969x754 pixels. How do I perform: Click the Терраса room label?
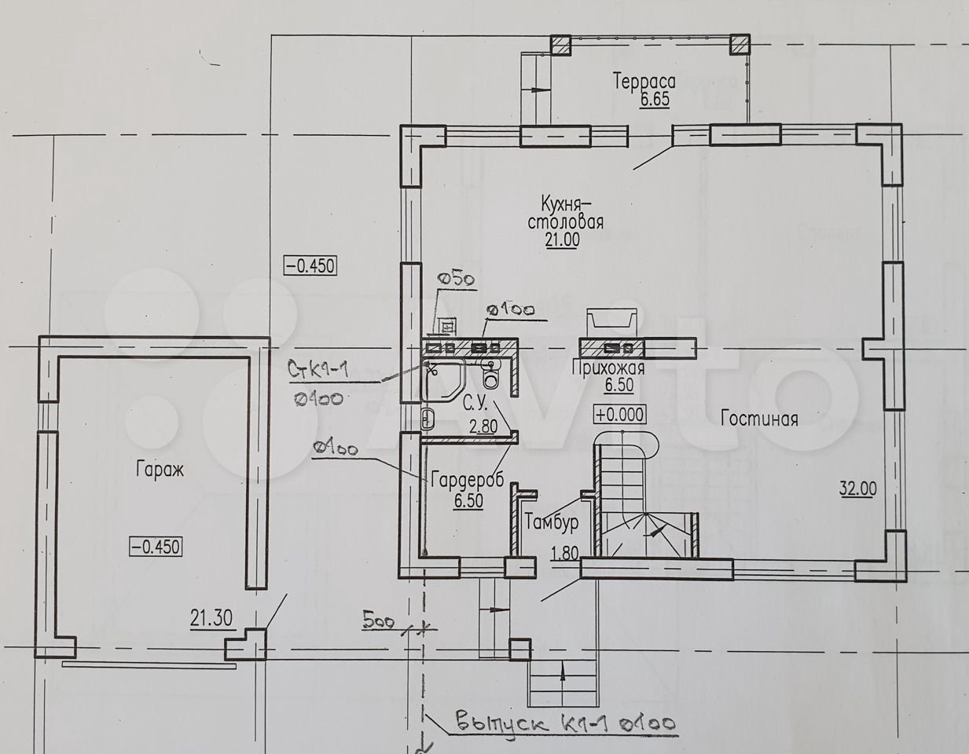[644, 82]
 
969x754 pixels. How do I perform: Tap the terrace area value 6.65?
[655, 100]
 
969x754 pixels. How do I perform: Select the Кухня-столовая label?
[565, 213]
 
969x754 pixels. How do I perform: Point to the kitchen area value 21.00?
[563, 240]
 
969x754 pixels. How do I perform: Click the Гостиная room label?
[759, 419]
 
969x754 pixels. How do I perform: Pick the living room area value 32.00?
[858, 489]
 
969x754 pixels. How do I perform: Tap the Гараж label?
[160, 470]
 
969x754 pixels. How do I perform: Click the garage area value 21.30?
[211, 618]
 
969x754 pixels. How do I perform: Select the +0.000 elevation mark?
[619, 415]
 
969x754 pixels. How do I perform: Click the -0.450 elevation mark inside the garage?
[156, 547]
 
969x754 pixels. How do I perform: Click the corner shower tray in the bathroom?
[442, 379]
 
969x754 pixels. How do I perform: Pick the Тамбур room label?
[551, 522]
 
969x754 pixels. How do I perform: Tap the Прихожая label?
[608, 368]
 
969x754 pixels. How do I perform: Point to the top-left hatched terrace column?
[560, 45]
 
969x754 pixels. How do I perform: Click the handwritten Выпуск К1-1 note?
[565, 723]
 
